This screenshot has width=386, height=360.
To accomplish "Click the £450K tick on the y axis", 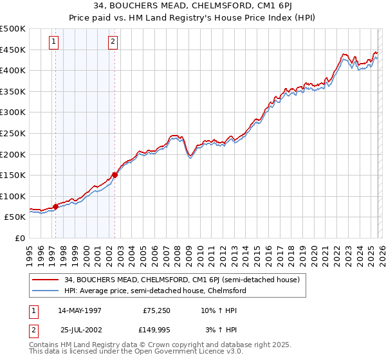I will point(13,50).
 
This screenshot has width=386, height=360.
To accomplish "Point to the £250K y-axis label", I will point(13,133).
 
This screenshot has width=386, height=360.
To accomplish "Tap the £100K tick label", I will point(13,196).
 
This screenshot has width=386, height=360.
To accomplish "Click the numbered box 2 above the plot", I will point(113,42).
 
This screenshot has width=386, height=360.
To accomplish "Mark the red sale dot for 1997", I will point(56,206).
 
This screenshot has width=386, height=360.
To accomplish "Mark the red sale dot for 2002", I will point(115,174).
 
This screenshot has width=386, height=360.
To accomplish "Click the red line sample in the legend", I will point(46,280).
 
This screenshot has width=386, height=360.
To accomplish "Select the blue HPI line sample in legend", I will point(46,291).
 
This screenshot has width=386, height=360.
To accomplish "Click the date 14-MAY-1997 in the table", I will point(79,310).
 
